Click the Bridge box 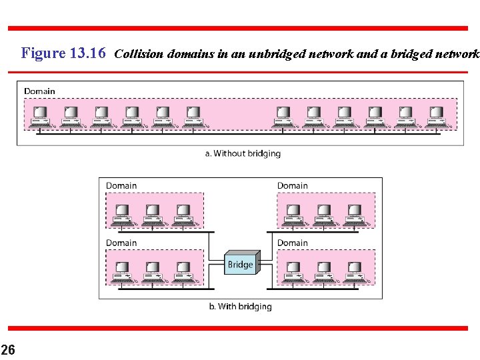[240, 264]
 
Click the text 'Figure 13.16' [63, 53]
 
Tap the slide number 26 [8, 349]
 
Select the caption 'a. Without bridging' [243, 153]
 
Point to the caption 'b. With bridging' [240, 307]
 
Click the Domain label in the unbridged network [39, 91]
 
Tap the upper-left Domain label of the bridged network [121, 185]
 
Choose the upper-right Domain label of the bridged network [293, 185]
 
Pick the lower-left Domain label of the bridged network [121, 243]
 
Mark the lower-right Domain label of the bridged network [293, 243]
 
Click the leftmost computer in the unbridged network [40, 116]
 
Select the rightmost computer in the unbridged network [435, 116]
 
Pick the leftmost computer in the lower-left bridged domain [122, 271]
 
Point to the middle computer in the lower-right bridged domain [324, 271]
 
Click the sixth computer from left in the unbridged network [193, 116]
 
